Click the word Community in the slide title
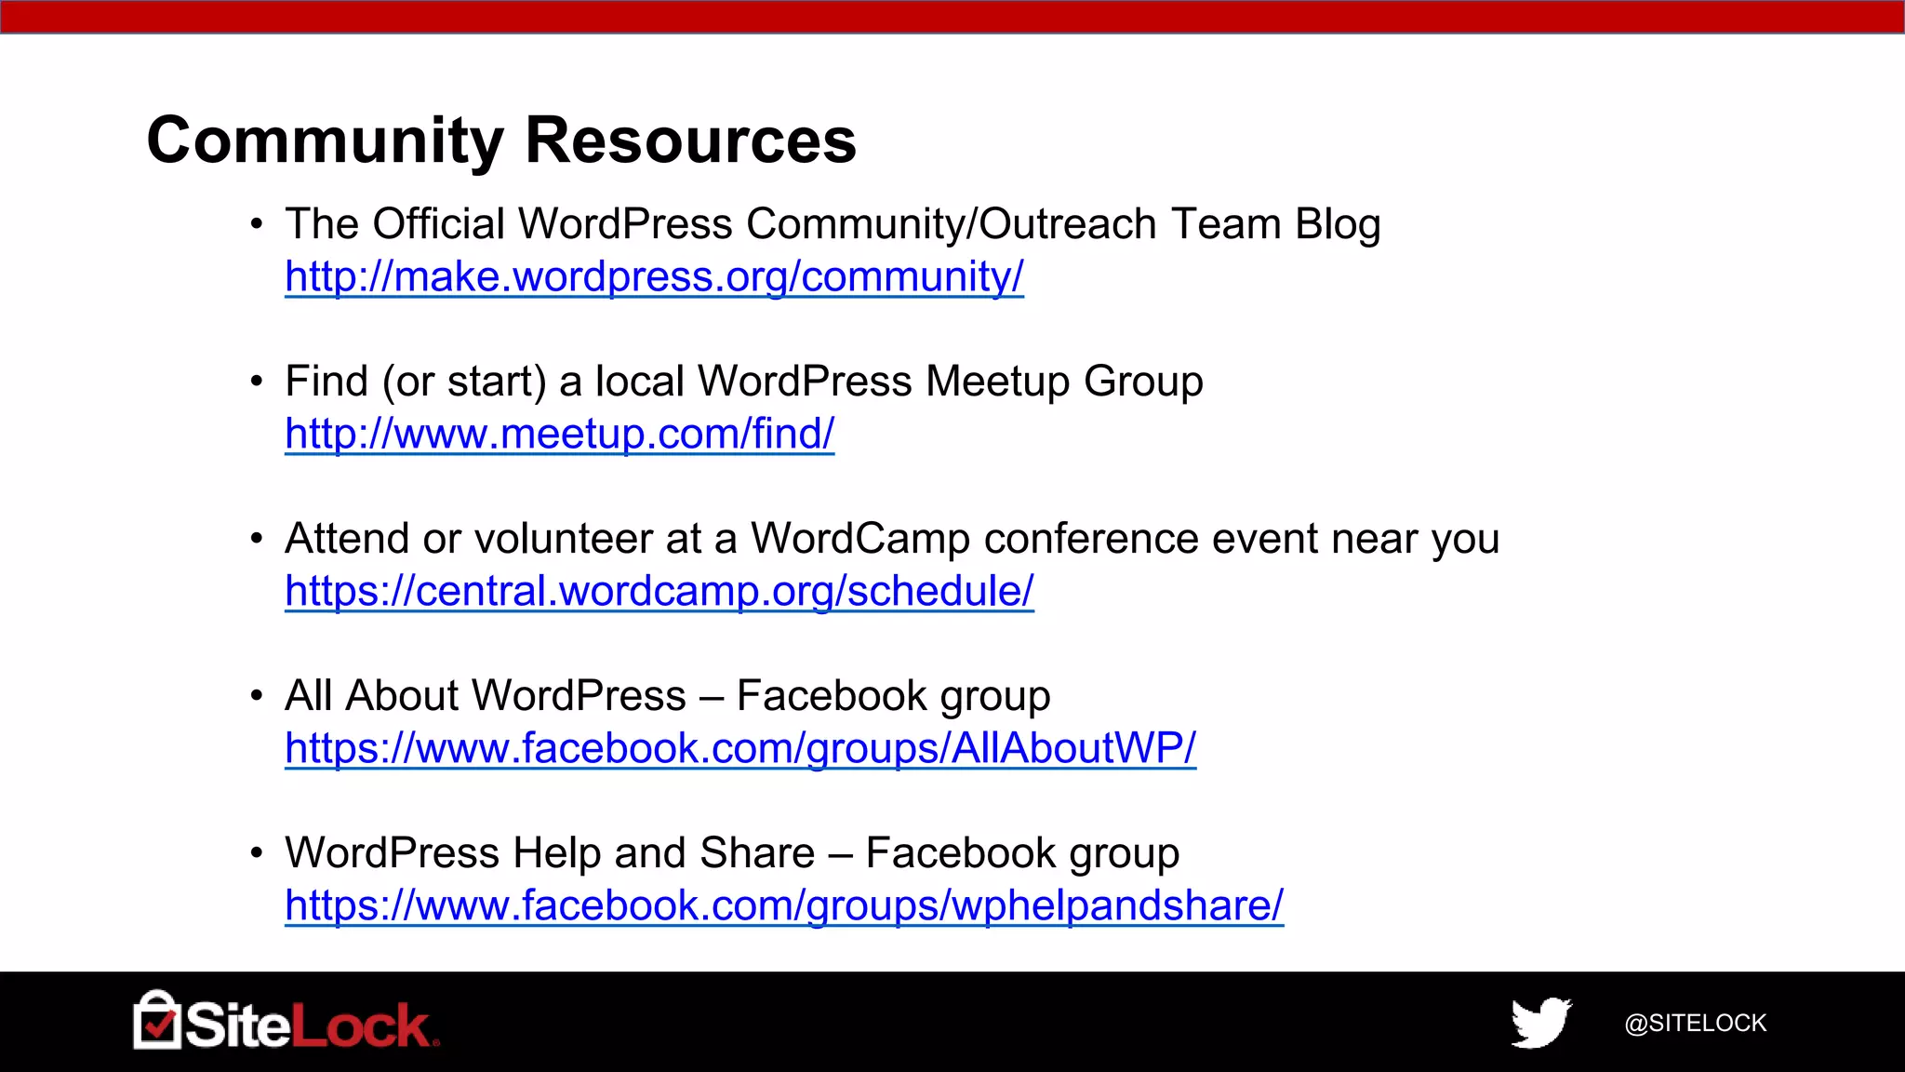click(x=325, y=141)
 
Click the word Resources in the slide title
click(x=690, y=141)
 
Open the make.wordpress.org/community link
click(x=654, y=276)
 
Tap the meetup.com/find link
click(x=559, y=434)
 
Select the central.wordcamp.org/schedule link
click(x=659, y=591)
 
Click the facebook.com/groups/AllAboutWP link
click(x=739, y=748)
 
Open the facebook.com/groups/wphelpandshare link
click(x=783, y=905)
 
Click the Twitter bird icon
click(x=1540, y=1022)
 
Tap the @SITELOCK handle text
click(x=1695, y=1023)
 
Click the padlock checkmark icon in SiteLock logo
click(x=157, y=1021)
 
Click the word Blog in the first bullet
click(x=1338, y=224)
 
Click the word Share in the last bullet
click(x=757, y=853)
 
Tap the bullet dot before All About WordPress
click(x=257, y=697)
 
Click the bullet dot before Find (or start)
click(x=257, y=382)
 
